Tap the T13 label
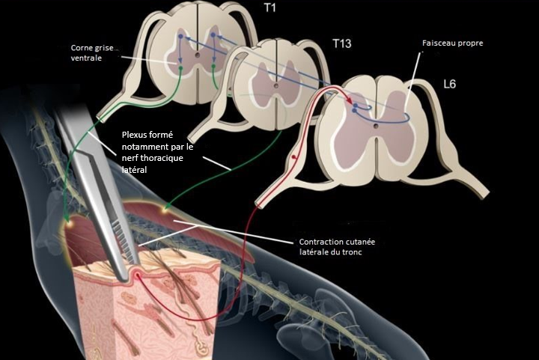[x=342, y=44]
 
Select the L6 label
[x=449, y=84]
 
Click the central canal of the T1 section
[x=198, y=55]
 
